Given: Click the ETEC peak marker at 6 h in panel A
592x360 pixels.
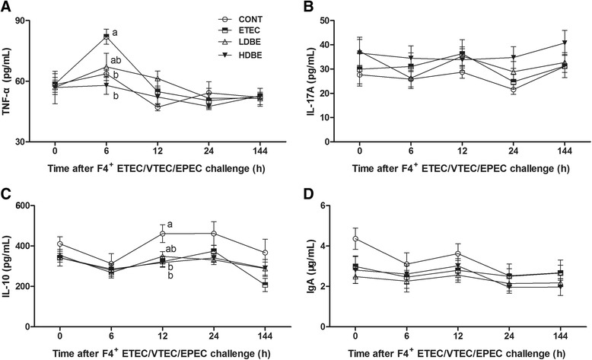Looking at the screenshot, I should [x=107, y=36].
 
